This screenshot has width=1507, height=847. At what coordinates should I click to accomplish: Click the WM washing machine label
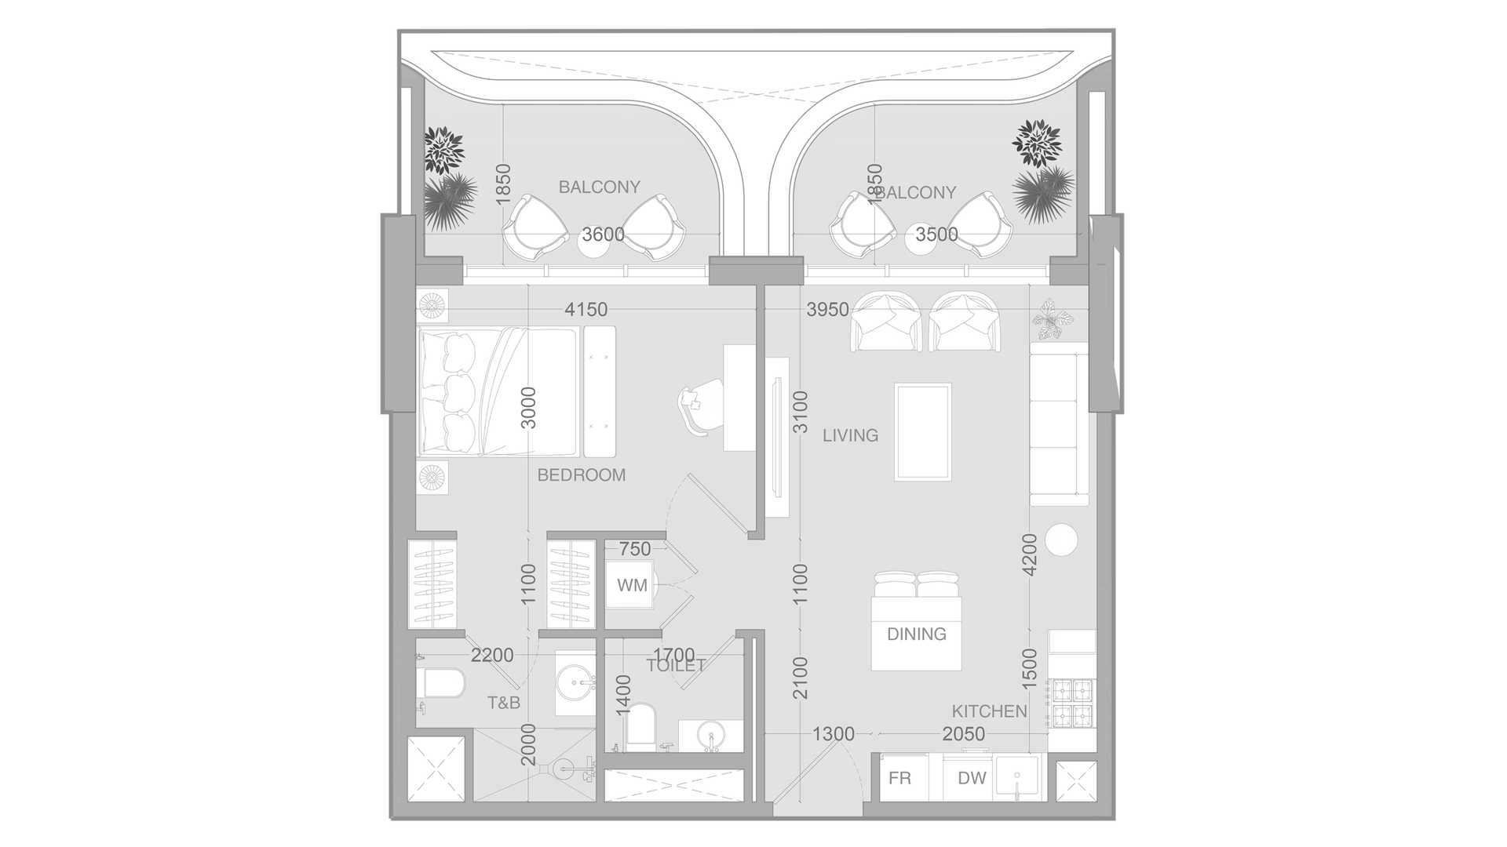(x=632, y=585)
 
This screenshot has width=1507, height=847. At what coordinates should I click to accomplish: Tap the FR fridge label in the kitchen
(x=899, y=779)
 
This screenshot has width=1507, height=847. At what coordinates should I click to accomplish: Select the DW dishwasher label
(x=972, y=779)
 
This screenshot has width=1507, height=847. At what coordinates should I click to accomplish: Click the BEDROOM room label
(x=582, y=475)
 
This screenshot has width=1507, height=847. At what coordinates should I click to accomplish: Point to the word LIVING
(x=850, y=435)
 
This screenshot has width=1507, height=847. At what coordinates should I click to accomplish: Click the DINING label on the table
(x=916, y=634)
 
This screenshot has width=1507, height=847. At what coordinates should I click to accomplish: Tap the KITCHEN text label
(x=989, y=711)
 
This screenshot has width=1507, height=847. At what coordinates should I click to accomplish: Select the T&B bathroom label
(x=504, y=703)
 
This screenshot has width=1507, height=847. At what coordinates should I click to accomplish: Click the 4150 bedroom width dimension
(x=586, y=310)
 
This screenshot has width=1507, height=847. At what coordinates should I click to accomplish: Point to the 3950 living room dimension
(x=827, y=310)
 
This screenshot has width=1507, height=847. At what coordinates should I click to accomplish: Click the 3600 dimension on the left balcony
(x=603, y=234)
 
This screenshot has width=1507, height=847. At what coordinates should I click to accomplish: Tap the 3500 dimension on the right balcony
(x=936, y=234)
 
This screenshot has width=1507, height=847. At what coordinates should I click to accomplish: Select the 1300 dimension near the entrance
(x=833, y=734)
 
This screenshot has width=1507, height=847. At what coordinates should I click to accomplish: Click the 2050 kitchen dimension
(x=963, y=734)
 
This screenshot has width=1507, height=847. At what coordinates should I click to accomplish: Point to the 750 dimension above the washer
(x=635, y=549)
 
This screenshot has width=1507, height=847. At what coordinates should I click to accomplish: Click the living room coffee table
(x=923, y=431)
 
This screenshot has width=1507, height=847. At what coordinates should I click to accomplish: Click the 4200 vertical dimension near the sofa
(x=1030, y=554)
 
